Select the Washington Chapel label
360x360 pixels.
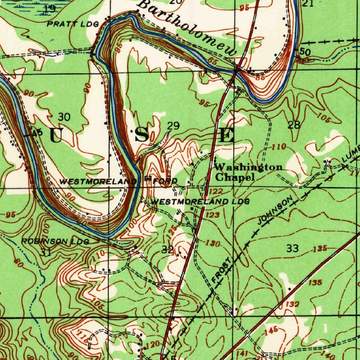[248, 172]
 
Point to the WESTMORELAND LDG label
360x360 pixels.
[200, 202]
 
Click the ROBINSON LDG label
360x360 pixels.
[55, 242]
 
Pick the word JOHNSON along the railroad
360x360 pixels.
[275, 211]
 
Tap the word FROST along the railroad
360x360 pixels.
[221, 271]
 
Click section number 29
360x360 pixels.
[173, 126]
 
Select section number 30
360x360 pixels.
[64, 117]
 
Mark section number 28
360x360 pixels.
[294, 125]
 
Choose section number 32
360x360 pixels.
[167, 250]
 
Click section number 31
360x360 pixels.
[46, 252]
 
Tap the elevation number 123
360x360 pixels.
[213, 215]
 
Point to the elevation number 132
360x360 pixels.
[292, 304]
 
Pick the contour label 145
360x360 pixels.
[271, 330]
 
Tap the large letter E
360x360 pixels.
[227, 135]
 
